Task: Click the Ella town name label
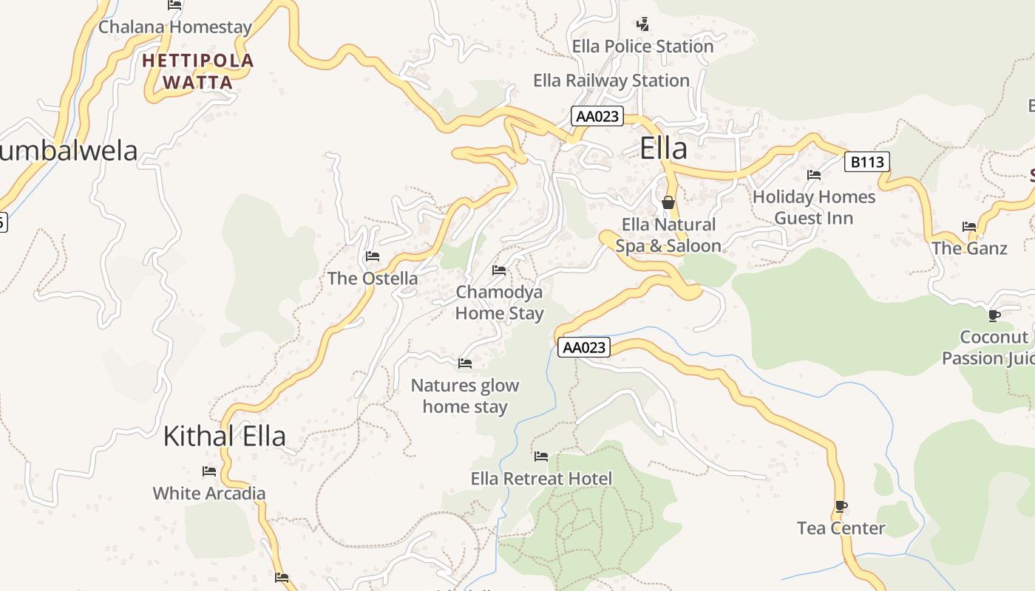(x=663, y=148)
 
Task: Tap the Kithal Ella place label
(x=224, y=436)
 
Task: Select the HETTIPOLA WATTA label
(x=197, y=71)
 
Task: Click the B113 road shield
(x=866, y=162)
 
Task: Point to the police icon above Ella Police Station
(x=643, y=24)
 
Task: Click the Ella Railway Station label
(x=611, y=81)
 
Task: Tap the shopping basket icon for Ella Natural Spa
(x=668, y=202)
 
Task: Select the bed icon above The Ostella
(x=373, y=256)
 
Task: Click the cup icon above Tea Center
(x=841, y=506)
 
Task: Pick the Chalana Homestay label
(x=175, y=27)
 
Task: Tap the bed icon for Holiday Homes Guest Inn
(x=814, y=175)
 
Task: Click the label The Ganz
(x=969, y=248)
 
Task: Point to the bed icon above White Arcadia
(x=209, y=471)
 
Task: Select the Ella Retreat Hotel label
(x=541, y=479)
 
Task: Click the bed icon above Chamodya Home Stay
(x=499, y=270)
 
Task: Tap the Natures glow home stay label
(x=465, y=396)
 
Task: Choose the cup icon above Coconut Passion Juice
(x=994, y=316)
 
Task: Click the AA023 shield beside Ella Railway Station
(x=597, y=117)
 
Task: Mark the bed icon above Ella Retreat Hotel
(x=541, y=457)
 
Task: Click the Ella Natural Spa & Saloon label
(x=668, y=235)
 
